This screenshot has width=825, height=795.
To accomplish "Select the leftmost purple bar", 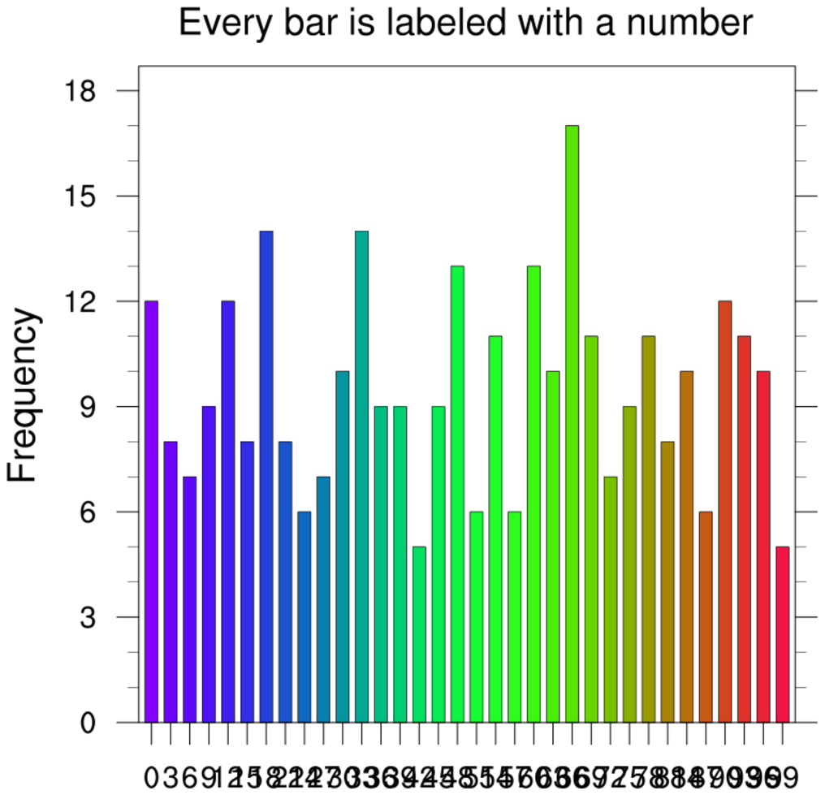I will (151, 512).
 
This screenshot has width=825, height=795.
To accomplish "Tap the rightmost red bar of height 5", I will (782, 634).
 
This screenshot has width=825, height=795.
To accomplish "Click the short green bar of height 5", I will (419, 634).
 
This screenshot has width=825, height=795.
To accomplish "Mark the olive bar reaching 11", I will (648, 529).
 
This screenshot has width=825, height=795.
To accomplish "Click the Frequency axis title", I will (24, 395).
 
